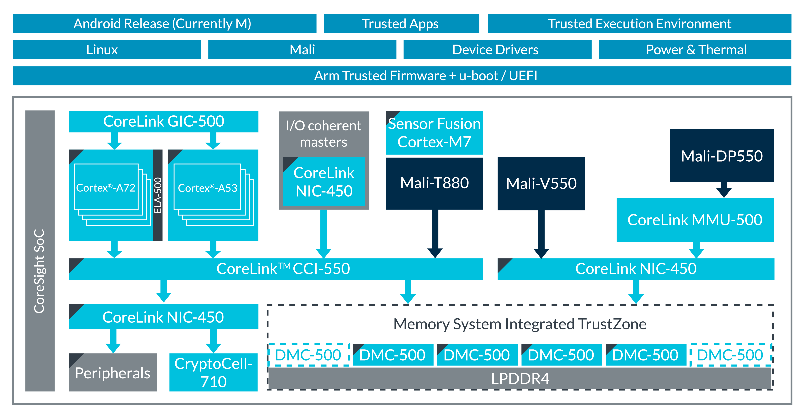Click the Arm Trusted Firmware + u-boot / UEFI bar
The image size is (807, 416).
tap(402, 76)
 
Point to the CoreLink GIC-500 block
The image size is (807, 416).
tap(163, 121)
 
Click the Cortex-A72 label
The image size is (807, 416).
tap(106, 188)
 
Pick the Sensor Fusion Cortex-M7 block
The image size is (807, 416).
tap(434, 133)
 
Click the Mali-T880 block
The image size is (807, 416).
tap(434, 183)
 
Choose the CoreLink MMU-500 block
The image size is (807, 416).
tap(695, 220)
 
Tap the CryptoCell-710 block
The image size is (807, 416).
tap(213, 372)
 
